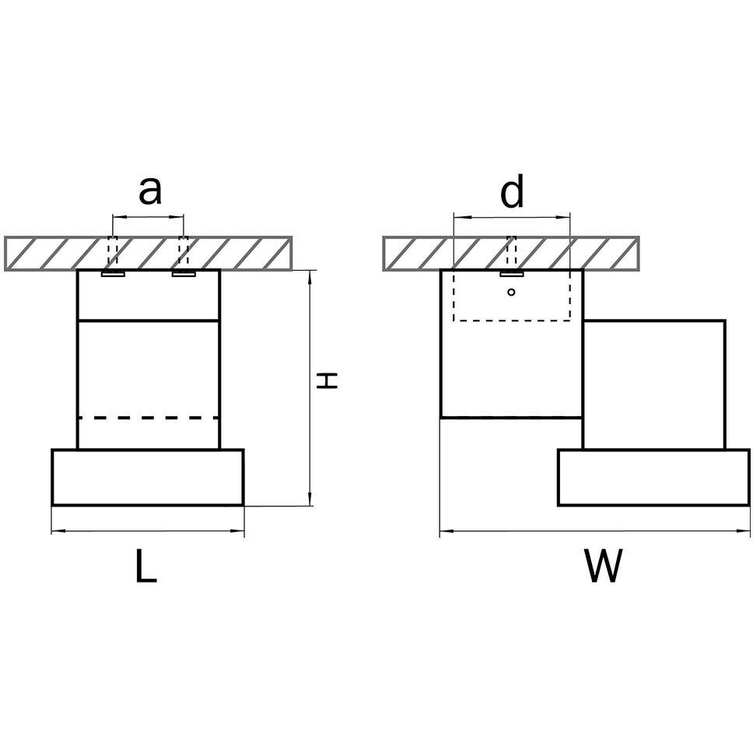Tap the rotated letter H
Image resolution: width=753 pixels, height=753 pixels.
pyautogui.click(x=329, y=380)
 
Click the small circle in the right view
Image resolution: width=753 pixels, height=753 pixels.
pyautogui.click(x=511, y=292)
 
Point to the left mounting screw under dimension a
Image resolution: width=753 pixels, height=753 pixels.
pyautogui.click(x=114, y=273)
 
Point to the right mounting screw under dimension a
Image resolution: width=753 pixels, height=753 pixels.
pyautogui.click(x=184, y=273)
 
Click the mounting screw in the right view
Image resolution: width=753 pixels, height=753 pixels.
pyautogui.click(x=511, y=273)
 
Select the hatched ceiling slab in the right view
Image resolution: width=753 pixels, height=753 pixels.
pyautogui.click(x=511, y=254)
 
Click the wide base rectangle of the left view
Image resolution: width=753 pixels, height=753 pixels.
pyautogui.click(x=148, y=477)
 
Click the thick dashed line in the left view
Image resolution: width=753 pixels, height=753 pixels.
pyautogui.click(x=149, y=418)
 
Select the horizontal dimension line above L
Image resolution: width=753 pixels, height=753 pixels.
pyautogui.click(x=148, y=532)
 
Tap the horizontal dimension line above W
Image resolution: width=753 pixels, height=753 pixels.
pyautogui.click(x=594, y=532)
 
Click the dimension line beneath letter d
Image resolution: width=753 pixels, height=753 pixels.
pyautogui.click(x=512, y=217)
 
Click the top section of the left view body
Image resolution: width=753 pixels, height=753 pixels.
pyautogui.click(x=149, y=295)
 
